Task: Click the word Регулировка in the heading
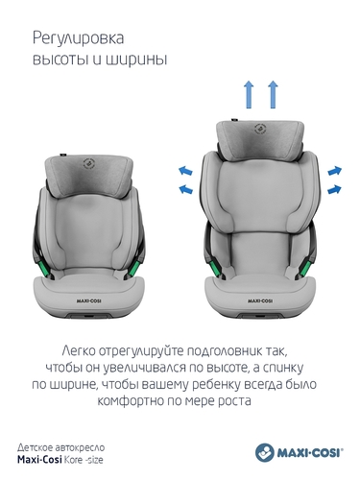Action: (x=79, y=39)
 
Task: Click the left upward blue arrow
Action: (x=249, y=94)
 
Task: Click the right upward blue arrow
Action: (x=273, y=94)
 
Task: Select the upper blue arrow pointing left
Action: (x=185, y=170)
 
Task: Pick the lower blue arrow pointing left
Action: (x=185, y=189)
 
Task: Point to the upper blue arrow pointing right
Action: (x=335, y=171)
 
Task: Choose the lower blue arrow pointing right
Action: (x=335, y=189)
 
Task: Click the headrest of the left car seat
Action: (x=89, y=175)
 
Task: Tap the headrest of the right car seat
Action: (x=259, y=137)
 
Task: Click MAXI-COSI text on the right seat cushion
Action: (x=260, y=300)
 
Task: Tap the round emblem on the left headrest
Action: (x=89, y=164)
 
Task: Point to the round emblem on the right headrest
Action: (x=260, y=129)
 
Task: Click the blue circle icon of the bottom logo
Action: (x=265, y=452)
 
